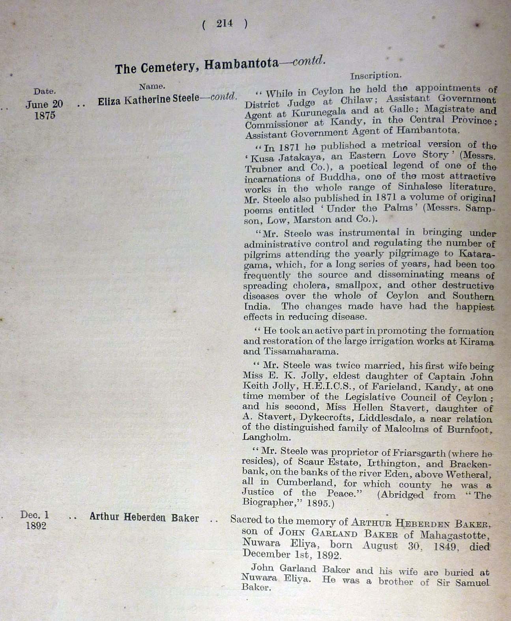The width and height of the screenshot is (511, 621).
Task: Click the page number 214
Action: click(225, 24)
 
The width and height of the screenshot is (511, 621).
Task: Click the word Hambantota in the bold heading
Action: click(241, 64)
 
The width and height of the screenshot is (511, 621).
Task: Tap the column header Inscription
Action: click(375, 75)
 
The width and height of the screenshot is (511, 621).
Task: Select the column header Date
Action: click(44, 91)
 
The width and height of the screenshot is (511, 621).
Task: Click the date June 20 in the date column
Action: click(44, 104)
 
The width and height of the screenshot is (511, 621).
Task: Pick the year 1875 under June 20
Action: click(44, 116)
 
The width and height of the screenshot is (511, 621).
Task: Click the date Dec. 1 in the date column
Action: click(35, 515)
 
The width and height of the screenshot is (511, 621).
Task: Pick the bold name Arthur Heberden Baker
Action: click(144, 518)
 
